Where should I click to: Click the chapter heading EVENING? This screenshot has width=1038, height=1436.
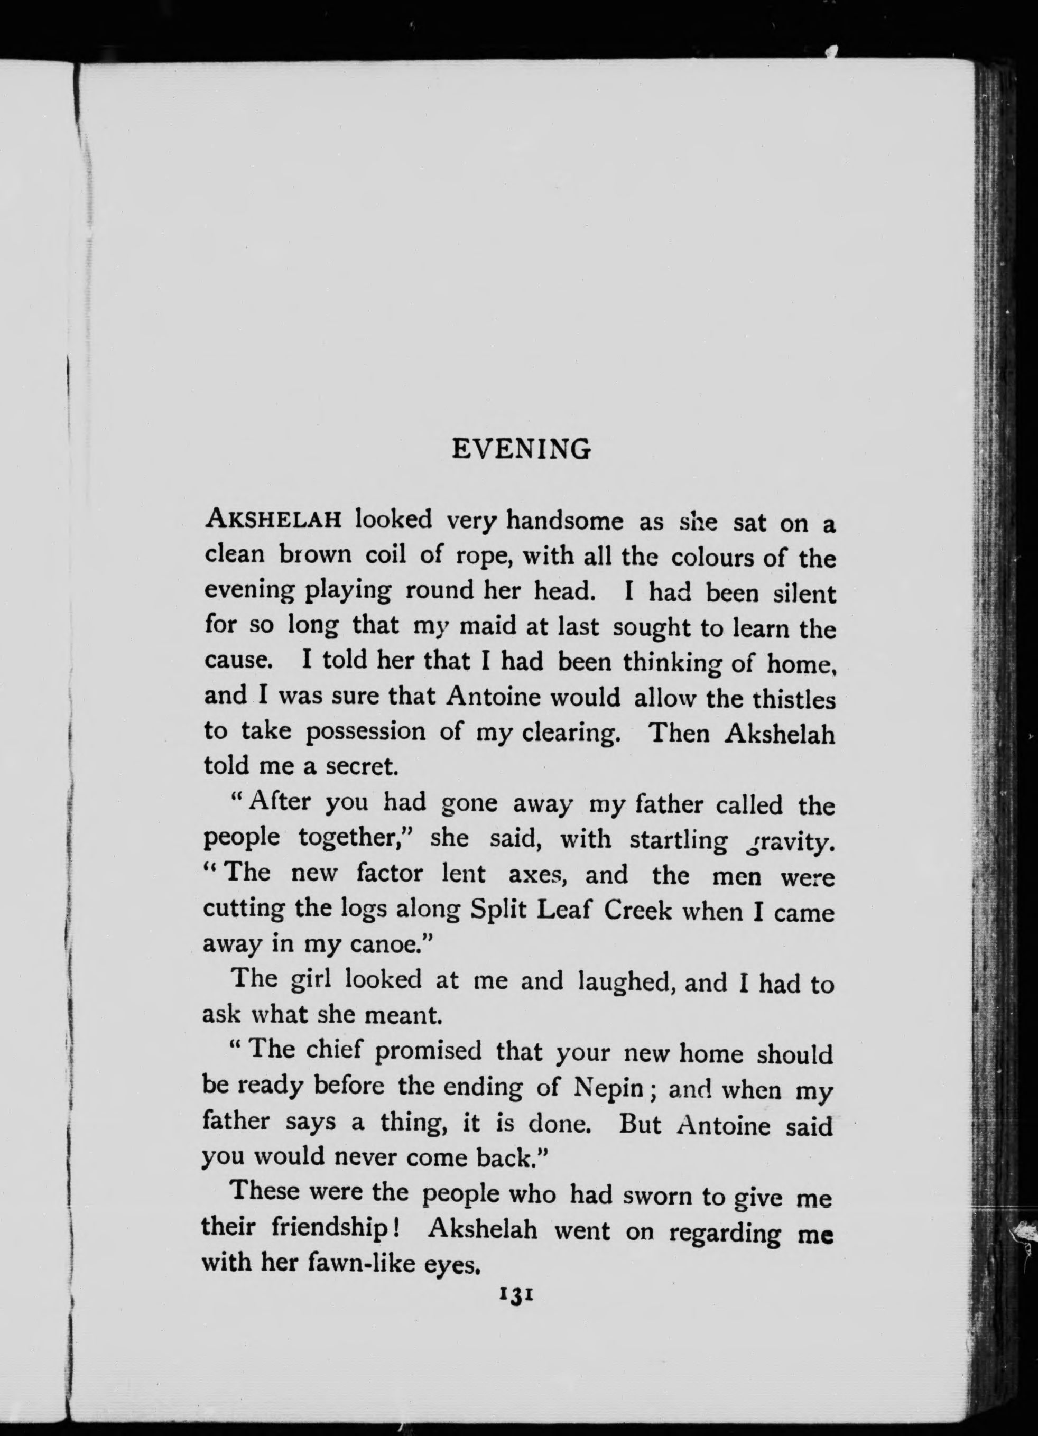pos(521,450)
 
